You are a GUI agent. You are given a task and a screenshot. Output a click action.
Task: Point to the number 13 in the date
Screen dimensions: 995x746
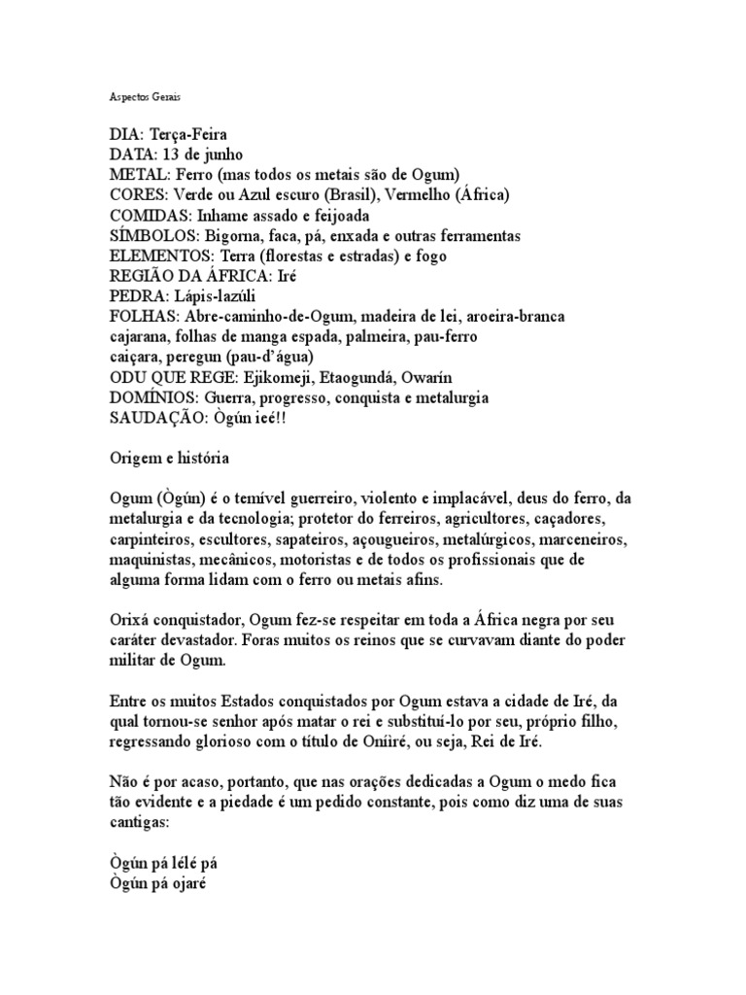(x=173, y=154)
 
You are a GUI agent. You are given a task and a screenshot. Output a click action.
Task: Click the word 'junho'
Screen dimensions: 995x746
(x=220, y=154)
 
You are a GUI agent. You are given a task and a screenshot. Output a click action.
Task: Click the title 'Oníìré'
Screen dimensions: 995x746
(x=482, y=740)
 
